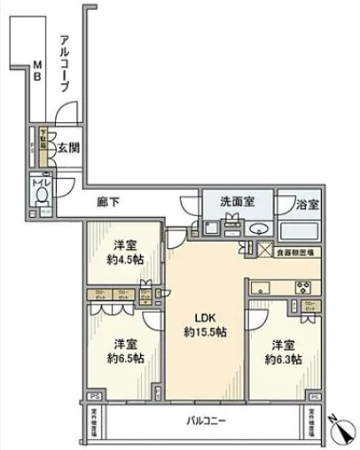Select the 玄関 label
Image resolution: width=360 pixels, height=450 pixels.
69,149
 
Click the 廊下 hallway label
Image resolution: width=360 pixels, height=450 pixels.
108,202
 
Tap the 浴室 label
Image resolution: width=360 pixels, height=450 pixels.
309,203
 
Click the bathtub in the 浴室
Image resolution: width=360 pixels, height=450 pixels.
300,231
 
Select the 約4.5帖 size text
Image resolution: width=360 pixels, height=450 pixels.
123,260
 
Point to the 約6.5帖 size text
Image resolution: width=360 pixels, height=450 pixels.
122,358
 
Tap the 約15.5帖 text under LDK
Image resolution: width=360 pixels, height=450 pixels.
204,332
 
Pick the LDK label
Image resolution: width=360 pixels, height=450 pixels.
204,317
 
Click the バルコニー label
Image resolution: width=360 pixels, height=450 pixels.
206,421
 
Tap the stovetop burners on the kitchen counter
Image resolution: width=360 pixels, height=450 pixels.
301,285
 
